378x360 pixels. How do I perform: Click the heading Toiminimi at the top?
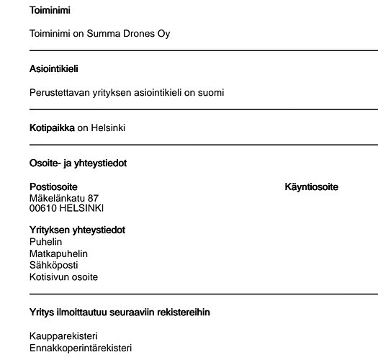click(x=50, y=11)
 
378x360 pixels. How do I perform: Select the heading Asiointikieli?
click(x=53, y=69)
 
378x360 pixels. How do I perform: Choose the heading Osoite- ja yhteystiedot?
click(x=78, y=163)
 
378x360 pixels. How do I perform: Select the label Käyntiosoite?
click(x=312, y=187)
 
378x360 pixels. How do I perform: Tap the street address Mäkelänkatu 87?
click(x=64, y=198)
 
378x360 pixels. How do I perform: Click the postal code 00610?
click(x=43, y=208)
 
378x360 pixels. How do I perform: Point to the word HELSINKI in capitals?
click(x=82, y=208)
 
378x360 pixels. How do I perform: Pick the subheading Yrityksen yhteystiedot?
click(x=77, y=230)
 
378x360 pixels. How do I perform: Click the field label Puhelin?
click(x=45, y=242)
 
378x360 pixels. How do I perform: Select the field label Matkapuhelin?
click(x=57, y=253)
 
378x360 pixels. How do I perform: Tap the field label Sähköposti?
click(x=54, y=265)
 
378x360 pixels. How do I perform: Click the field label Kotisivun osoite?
click(x=63, y=276)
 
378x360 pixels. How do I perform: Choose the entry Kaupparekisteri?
click(x=63, y=336)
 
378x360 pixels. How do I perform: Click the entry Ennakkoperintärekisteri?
click(x=80, y=348)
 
